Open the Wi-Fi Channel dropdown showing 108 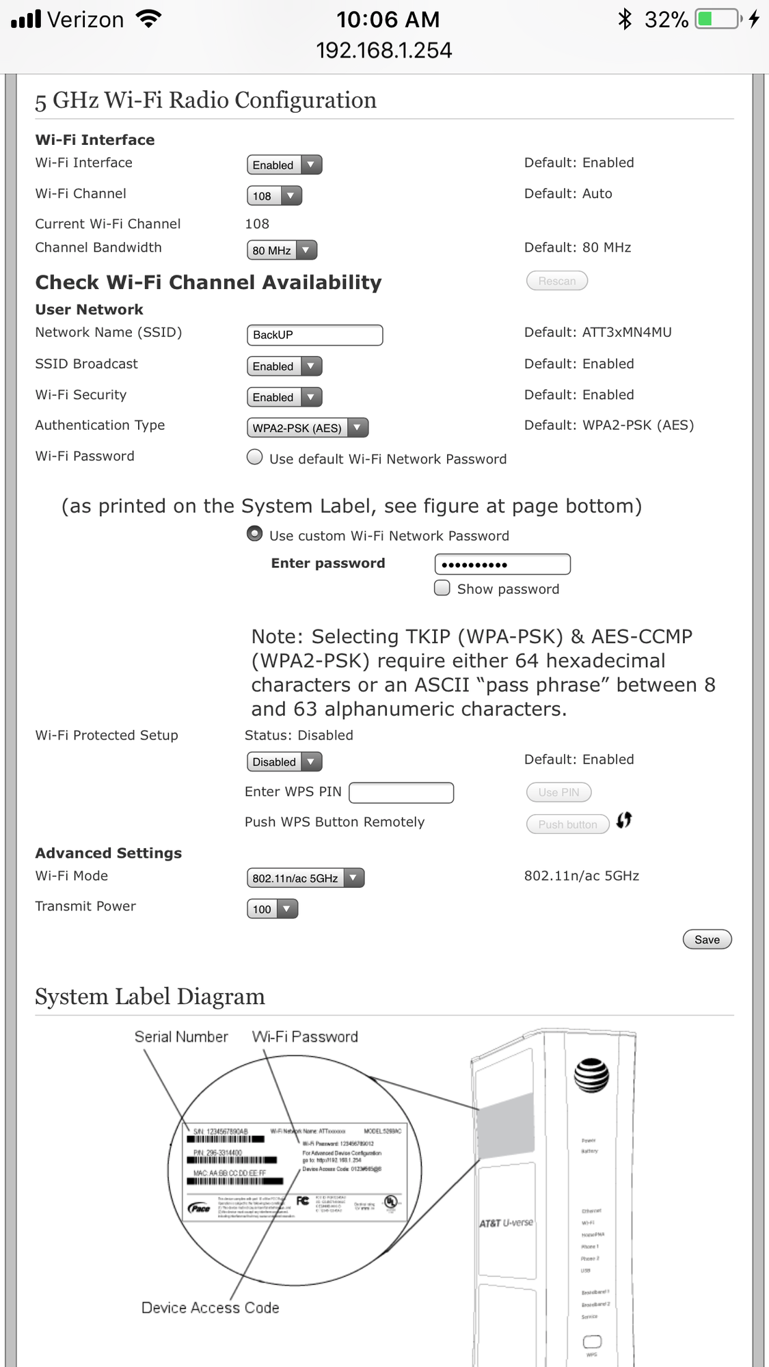click(274, 196)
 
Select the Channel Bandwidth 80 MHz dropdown click(282, 250)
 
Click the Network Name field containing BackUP click(314, 335)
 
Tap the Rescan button click(556, 281)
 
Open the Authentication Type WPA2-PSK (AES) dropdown click(307, 428)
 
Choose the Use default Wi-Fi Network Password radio click(255, 457)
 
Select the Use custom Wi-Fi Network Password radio click(255, 534)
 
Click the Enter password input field click(502, 565)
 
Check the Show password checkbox click(443, 588)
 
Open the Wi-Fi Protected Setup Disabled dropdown click(284, 761)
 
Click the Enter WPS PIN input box click(401, 793)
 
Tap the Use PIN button click(558, 792)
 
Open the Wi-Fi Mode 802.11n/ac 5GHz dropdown click(305, 878)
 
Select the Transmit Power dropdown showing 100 click(272, 909)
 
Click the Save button click(707, 940)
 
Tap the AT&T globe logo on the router click(591, 1075)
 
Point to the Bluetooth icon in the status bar click(624, 19)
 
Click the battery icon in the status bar click(718, 19)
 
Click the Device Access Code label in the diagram click(210, 1308)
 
